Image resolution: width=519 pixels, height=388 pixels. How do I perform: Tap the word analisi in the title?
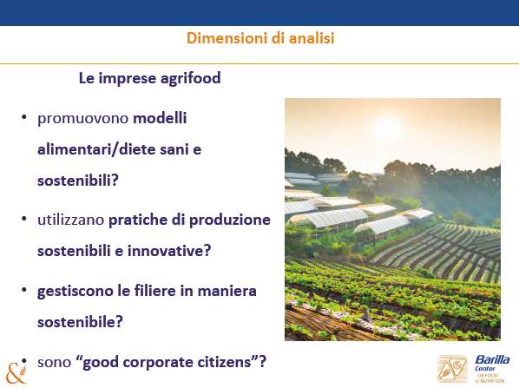click(x=312, y=38)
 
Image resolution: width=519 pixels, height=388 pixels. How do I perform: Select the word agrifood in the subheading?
click(x=191, y=79)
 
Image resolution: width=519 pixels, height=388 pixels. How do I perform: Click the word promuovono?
click(x=82, y=119)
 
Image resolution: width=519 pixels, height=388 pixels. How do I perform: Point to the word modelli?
click(x=160, y=118)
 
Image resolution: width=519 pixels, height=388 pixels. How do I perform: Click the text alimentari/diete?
click(x=96, y=149)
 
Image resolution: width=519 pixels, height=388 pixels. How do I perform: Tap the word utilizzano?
click(x=71, y=220)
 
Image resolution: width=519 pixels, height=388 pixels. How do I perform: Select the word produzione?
click(x=230, y=220)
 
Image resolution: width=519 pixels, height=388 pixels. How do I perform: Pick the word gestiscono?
click(x=76, y=292)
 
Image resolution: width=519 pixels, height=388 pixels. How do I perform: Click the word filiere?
click(x=154, y=290)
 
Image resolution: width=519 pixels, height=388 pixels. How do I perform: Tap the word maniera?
click(x=227, y=291)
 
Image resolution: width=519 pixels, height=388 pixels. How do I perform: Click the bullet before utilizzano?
click(x=23, y=219)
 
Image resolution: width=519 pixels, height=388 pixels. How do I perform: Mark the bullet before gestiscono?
click(x=23, y=290)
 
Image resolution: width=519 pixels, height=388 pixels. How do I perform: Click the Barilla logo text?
click(x=492, y=360)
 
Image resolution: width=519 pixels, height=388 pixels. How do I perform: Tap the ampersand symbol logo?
click(x=15, y=373)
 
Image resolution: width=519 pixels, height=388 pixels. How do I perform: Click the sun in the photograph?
click(x=388, y=128)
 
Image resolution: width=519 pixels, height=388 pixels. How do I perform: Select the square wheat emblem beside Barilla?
click(x=452, y=369)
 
